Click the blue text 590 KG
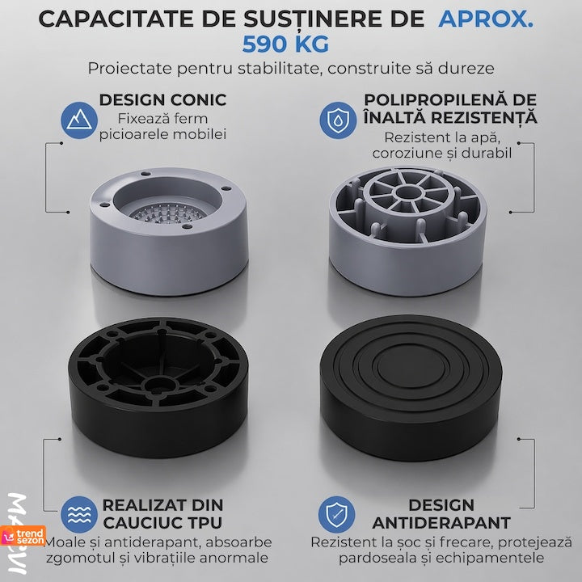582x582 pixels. tap(285, 44)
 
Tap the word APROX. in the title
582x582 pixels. tap(486, 19)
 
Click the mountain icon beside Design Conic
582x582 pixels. tap(79, 120)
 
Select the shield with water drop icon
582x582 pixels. tap(338, 120)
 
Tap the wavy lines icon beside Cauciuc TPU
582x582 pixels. tap(79, 514)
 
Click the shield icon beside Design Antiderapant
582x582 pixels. tap(336, 514)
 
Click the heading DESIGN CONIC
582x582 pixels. tap(162, 100)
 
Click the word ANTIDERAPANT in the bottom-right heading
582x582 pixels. tap(441, 523)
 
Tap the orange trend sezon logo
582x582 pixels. tap(23, 536)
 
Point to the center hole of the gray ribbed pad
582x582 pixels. tap(408, 192)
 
